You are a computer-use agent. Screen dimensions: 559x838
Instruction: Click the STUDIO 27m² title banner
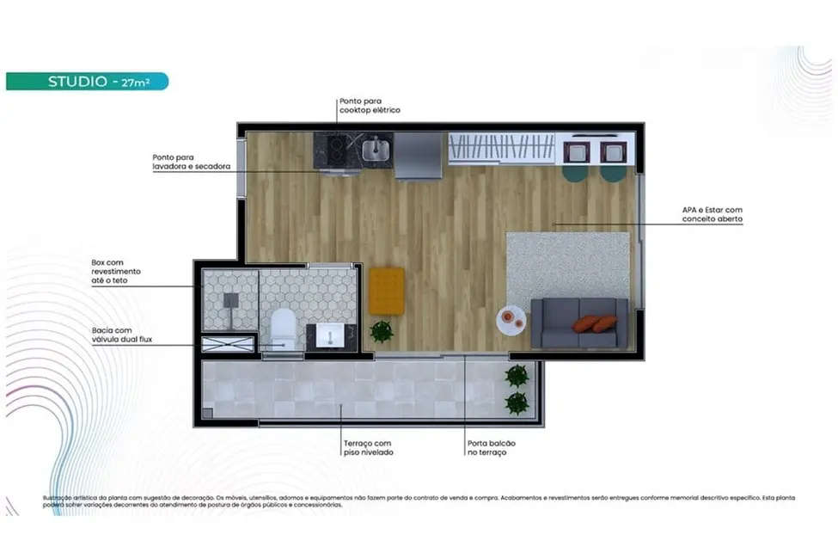87,82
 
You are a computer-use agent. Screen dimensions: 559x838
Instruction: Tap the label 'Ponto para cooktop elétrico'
369,106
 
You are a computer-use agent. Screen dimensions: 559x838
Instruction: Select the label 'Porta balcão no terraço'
492,447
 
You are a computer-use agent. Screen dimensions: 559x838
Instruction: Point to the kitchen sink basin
374,150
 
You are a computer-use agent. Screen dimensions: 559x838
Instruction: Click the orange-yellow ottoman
387,291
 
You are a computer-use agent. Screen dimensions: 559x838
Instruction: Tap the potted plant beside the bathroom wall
381,331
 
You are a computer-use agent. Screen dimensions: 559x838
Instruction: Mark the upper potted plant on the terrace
517,375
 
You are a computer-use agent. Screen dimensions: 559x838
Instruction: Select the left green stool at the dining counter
573,173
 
